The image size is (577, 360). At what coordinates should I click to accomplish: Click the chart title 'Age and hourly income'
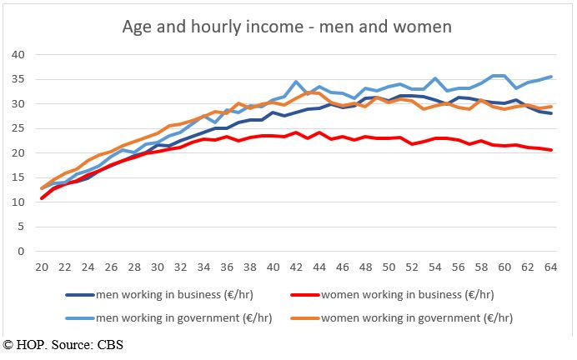coord(287,27)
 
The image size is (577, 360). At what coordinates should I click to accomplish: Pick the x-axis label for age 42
coord(296,267)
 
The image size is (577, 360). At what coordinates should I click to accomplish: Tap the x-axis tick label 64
coord(549,267)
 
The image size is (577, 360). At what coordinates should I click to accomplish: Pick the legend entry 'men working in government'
coord(158,317)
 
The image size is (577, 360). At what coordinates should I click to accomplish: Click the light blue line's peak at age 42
coord(296,82)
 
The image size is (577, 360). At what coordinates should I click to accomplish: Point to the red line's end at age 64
coord(549,150)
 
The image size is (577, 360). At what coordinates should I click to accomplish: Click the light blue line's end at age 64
coord(549,77)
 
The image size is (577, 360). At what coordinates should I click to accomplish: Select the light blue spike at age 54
coord(434,78)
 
